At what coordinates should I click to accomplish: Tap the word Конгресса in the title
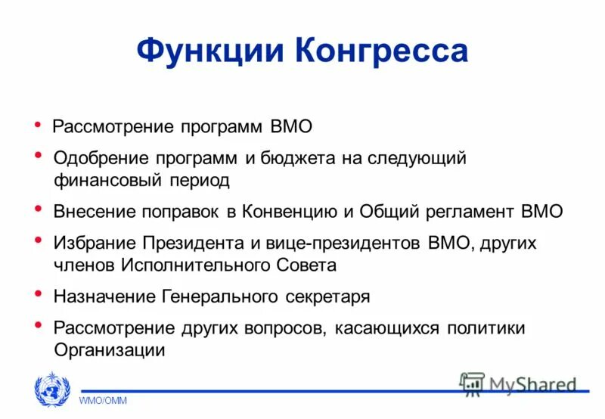tap(381, 51)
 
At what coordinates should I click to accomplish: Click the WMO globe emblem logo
tap(52, 392)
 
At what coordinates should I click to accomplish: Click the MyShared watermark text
tap(532, 384)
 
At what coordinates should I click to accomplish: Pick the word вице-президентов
tap(343, 244)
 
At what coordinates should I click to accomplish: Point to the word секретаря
tap(327, 296)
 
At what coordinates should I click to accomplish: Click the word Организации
tap(109, 350)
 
